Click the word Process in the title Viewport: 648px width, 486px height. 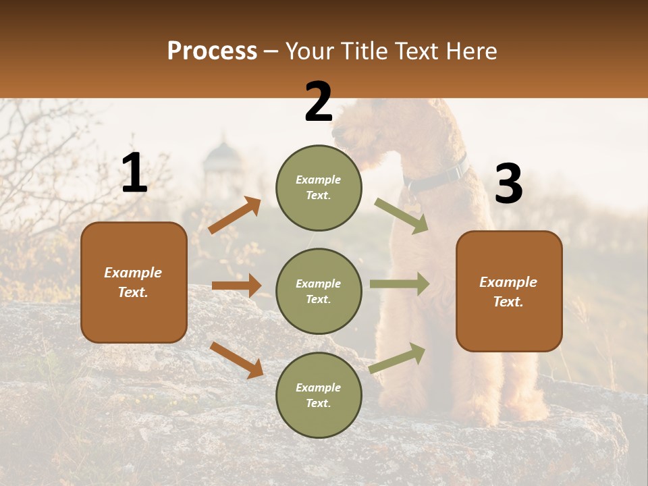212,51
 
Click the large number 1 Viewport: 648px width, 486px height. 134,173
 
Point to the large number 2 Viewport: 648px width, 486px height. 319,102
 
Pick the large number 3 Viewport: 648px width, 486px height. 508,184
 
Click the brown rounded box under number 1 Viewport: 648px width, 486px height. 134,282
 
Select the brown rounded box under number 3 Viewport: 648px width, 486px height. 509,292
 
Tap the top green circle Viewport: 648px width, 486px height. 319,188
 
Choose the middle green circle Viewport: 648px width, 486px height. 319,291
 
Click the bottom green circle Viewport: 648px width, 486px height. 319,395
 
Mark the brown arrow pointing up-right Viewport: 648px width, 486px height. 234,215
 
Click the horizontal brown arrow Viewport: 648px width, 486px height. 236,286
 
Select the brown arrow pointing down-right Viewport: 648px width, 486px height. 236,360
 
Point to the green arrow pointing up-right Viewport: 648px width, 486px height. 398,358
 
